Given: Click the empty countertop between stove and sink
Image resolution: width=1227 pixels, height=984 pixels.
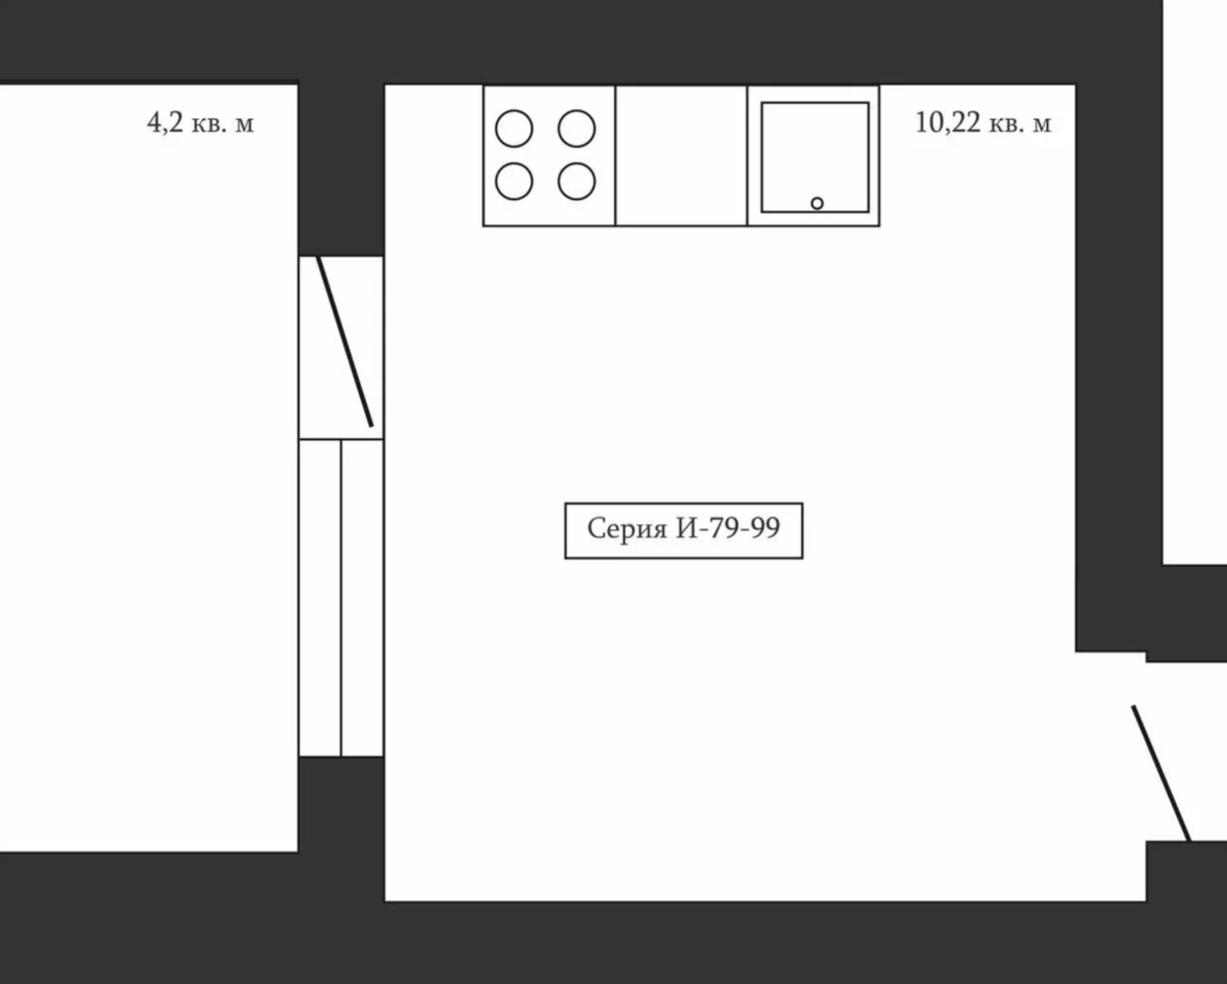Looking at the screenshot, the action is [x=681, y=155].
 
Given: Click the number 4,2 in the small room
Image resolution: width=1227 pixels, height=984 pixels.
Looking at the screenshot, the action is [x=165, y=123].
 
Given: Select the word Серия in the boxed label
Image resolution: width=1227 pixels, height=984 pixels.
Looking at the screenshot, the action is [x=627, y=529].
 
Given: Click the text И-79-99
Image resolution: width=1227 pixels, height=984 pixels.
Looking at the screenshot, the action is [x=727, y=528].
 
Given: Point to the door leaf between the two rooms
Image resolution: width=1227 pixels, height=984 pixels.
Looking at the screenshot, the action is [x=345, y=341].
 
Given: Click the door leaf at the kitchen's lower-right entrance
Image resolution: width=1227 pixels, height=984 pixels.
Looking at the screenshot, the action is [x=1160, y=773].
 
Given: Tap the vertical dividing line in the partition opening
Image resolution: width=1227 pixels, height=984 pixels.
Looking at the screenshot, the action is [x=341, y=598].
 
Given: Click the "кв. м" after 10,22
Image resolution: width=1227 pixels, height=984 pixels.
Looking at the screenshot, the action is [x=1019, y=124].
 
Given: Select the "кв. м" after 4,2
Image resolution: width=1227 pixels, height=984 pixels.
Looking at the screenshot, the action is [x=222, y=124].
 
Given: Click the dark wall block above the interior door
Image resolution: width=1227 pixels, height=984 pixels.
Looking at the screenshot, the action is [x=341, y=169].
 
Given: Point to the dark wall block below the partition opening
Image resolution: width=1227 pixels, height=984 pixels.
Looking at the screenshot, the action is [x=341, y=804].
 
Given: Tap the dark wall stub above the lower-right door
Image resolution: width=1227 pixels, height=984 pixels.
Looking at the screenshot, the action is [x=1186, y=613].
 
